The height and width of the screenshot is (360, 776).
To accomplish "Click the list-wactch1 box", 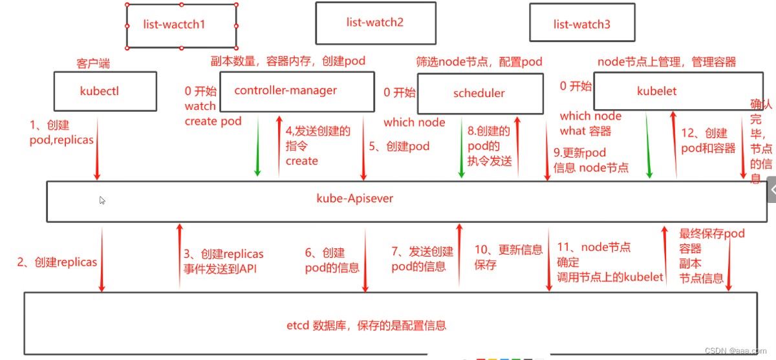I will (182, 25).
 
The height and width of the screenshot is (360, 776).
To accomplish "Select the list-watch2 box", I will (374, 23).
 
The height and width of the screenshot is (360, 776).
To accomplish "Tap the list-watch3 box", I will (581, 25).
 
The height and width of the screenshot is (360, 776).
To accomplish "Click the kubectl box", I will (105, 91).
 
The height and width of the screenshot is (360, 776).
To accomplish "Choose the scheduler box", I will (479, 93).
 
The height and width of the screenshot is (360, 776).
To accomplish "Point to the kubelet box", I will (656, 91).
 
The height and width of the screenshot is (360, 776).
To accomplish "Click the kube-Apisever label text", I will (354, 198).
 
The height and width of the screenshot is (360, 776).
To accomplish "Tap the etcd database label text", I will (366, 325).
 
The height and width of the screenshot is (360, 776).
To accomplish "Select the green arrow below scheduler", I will (462, 147).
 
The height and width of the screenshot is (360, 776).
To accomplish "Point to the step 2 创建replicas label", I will (57, 262).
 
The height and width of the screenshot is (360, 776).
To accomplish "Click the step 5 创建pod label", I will (399, 146).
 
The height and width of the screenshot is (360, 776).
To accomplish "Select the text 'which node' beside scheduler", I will (414, 122).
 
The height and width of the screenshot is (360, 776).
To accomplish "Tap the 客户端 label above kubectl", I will (93, 64).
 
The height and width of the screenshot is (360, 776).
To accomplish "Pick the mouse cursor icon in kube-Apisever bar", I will (102, 200).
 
